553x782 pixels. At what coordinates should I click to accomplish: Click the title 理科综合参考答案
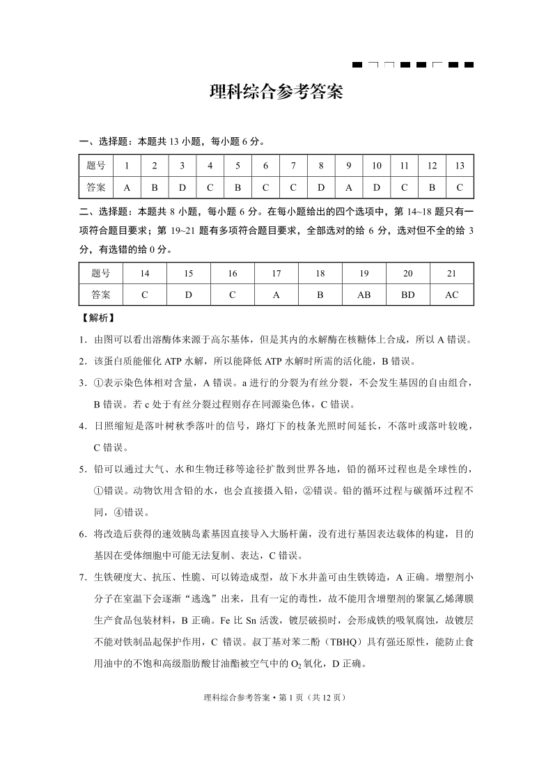(276, 93)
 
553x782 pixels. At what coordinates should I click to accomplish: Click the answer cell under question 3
(182, 187)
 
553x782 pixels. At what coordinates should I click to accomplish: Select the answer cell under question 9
(349, 187)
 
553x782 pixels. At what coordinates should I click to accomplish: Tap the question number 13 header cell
(460, 166)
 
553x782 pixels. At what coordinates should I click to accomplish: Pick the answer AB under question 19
(364, 295)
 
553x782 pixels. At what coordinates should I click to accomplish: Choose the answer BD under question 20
(408, 295)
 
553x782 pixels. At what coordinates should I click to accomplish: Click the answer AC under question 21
(452, 295)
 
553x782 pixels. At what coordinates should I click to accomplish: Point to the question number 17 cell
(276, 274)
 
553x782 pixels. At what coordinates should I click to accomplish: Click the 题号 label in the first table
(96, 166)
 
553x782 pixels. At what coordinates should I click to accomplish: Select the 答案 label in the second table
(100, 295)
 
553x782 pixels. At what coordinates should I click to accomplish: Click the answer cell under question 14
(145, 295)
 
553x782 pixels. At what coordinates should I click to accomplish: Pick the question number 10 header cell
(377, 166)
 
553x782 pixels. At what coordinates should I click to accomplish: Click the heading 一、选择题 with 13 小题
(173, 141)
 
